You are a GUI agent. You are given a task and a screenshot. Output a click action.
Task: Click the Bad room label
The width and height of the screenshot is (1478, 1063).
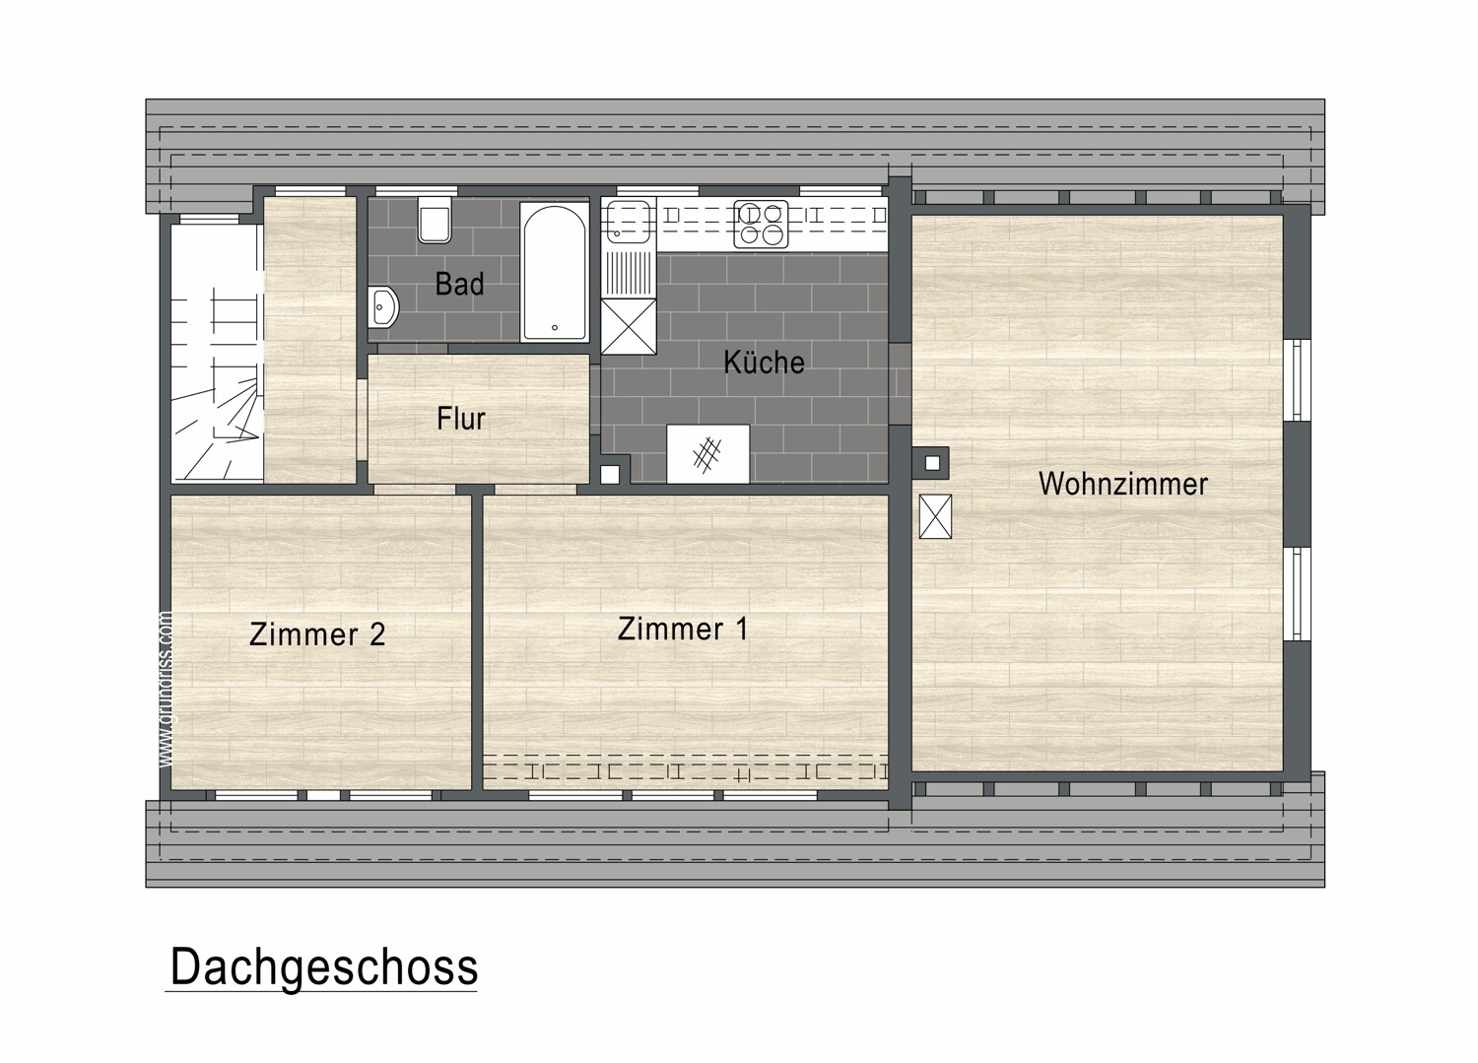tap(459, 285)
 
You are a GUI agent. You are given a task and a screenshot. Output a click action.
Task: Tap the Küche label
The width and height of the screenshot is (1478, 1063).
tap(764, 363)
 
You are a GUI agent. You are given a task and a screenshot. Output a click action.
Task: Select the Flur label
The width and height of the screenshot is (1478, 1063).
tap(461, 419)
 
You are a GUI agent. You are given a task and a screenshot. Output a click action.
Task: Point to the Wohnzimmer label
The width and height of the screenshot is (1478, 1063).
tap(1122, 484)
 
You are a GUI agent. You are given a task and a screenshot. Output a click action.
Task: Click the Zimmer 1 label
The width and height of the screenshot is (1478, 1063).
tap(682, 629)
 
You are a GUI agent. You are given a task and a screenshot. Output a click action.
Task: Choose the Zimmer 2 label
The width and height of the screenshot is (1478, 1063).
tap(316, 633)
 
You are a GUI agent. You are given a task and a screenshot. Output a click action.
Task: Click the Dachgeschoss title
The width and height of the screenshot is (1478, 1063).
tap(323, 967)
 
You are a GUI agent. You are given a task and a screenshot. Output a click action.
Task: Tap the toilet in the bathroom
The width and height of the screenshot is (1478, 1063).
tap(435, 220)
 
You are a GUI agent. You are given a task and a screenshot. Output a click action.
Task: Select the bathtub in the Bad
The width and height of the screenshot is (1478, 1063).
tap(554, 272)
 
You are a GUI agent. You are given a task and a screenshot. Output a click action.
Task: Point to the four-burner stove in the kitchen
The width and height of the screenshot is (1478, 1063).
tap(761, 225)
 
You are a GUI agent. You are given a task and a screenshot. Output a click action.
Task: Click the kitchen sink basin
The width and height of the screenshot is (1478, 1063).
tap(627, 221)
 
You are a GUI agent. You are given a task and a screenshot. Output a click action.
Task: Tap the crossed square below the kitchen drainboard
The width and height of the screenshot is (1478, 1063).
tap(628, 325)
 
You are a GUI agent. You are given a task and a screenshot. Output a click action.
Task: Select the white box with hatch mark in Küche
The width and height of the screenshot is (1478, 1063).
tap(707, 453)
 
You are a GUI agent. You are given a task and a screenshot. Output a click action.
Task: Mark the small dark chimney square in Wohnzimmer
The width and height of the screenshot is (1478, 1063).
tap(932, 461)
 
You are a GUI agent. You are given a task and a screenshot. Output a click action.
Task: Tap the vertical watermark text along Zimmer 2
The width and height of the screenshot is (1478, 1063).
tap(166, 690)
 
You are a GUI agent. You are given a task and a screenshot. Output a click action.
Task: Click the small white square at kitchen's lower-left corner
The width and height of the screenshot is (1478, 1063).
tap(610, 474)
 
